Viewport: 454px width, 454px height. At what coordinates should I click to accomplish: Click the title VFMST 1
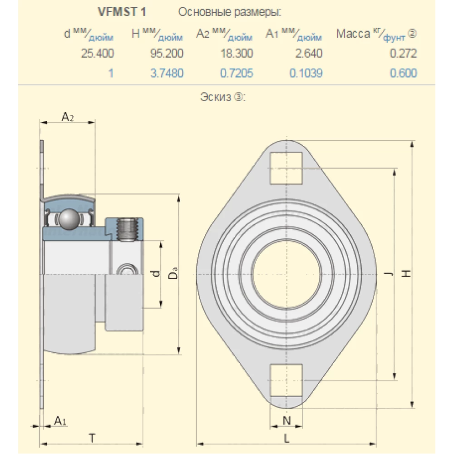click(122, 12)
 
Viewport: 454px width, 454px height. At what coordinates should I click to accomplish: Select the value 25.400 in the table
click(97, 54)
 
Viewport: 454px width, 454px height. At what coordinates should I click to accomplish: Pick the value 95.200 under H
click(167, 54)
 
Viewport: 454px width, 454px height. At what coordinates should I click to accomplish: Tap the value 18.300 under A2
click(236, 54)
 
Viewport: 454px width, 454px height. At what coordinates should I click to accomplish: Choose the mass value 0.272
click(403, 54)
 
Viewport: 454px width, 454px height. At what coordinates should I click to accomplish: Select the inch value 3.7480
click(167, 73)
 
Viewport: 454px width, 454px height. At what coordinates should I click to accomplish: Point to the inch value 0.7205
click(236, 73)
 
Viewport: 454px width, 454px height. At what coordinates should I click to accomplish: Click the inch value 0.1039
click(306, 73)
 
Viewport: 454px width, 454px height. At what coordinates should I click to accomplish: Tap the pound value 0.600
click(403, 73)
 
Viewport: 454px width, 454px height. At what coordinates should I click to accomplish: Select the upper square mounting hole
click(286, 168)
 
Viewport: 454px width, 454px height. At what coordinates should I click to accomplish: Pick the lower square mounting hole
click(286, 380)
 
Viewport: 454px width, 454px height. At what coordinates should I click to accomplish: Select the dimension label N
click(286, 420)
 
